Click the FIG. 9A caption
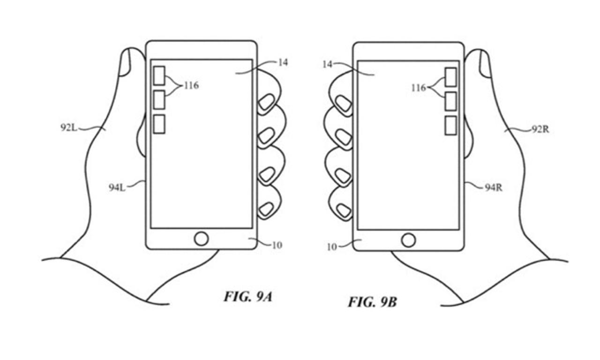[x=247, y=297]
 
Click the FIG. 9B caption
[x=372, y=302]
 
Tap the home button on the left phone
[x=201, y=239]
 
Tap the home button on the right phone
[x=408, y=240]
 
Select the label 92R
[x=540, y=129]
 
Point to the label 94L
[x=117, y=188]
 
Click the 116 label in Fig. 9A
[x=191, y=86]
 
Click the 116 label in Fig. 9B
[x=419, y=88]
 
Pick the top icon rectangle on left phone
[x=159, y=75]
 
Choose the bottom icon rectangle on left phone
[x=159, y=124]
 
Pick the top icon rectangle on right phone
[x=450, y=77]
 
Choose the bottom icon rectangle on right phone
[x=450, y=125]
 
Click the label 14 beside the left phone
[x=283, y=63]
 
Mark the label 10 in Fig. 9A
[x=277, y=245]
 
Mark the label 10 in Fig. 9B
[x=331, y=247]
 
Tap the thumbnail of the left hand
[x=125, y=63]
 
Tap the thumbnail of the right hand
[x=484, y=63]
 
